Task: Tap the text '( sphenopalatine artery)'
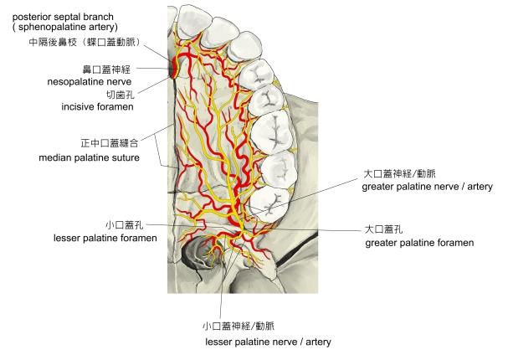pos(60,28)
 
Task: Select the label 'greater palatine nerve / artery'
pos(427,187)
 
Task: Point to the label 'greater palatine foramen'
pos(419,242)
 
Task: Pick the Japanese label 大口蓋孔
pos(386,229)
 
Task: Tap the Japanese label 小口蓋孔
pos(125,225)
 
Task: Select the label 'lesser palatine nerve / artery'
pos(268,342)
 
